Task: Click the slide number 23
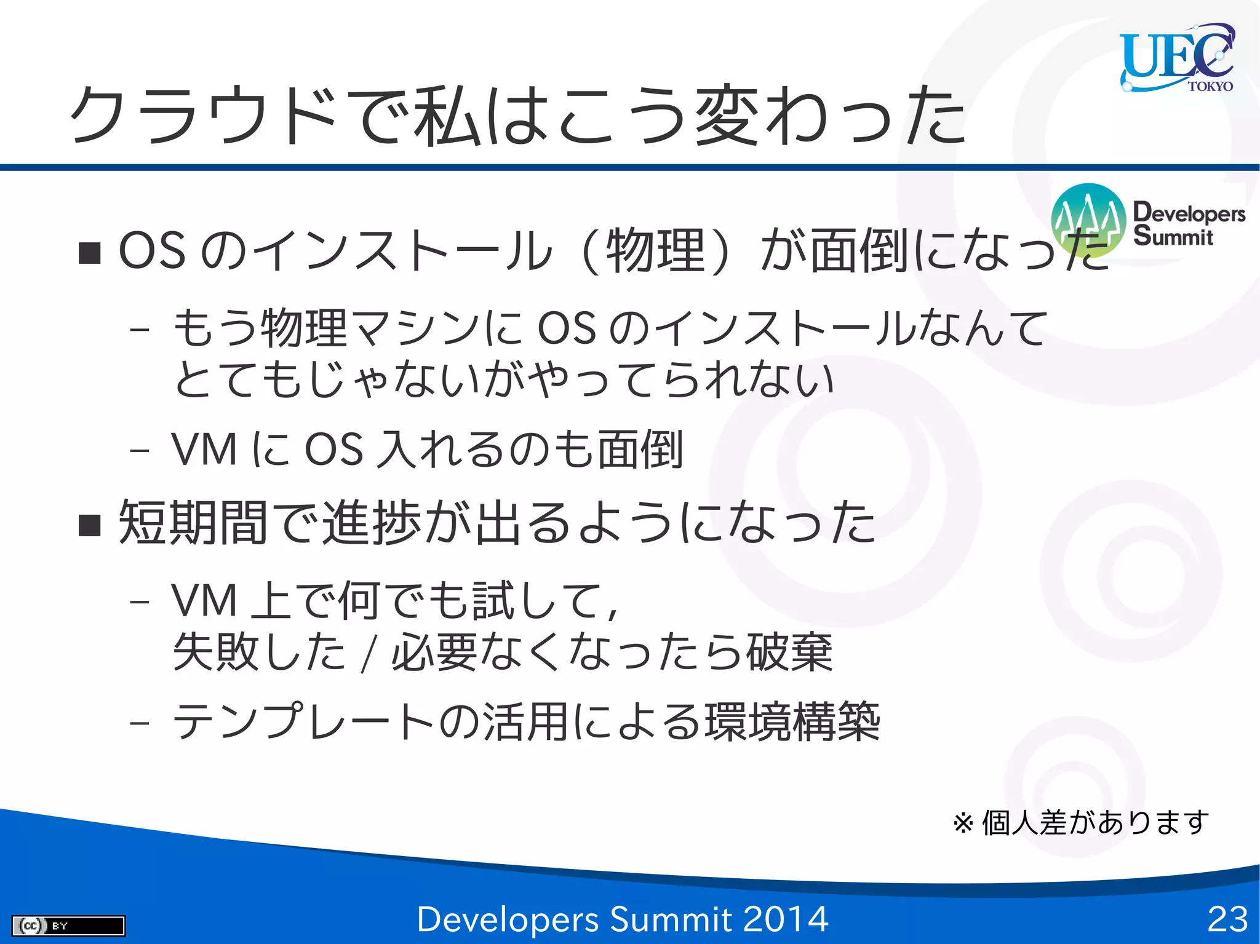click(1227, 919)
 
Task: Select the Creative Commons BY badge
click(68, 925)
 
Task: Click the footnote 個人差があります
click(1095, 823)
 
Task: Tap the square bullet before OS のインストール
click(90, 253)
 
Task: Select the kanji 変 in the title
click(726, 115)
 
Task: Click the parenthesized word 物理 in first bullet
click(655, 251)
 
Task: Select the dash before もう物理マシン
click(140, 330)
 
